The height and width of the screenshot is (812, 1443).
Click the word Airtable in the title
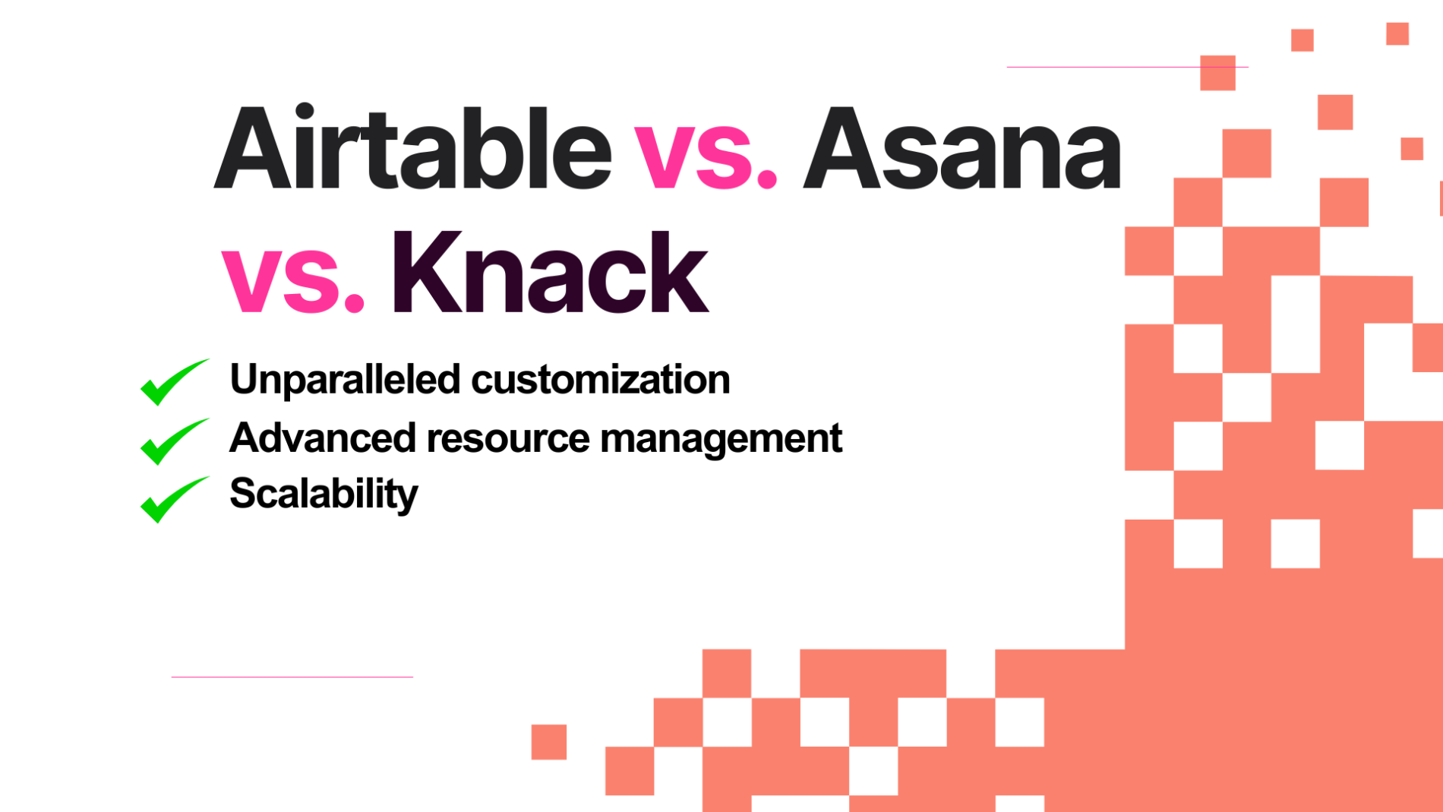pyautogui.click(x=412, y=148)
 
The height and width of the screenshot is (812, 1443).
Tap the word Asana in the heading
pyautogui.click(x=961, y=148)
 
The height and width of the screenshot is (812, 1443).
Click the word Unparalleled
pyautogui.click(x=344, y=379)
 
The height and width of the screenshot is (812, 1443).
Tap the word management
pyautogui.click(x=721, y=439)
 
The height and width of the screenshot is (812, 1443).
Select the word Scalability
pyautogui.click(x=324, y=494)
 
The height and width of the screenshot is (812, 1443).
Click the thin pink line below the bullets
pyautogui.click(x=292, y=676)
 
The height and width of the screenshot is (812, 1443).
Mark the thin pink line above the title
pyautogui.click(x=1101, y=67)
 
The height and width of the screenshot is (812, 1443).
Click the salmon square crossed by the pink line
pyautogui.click(x=1217, y=73)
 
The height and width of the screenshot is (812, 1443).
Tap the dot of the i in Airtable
pyautogui.click(x=305, y=111)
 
